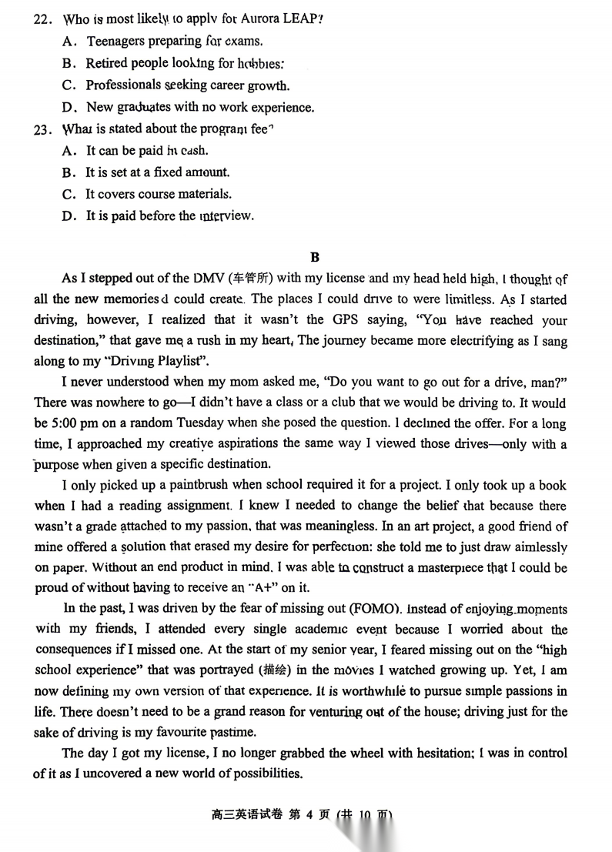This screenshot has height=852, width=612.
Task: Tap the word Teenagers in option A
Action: click(x=120, y=42)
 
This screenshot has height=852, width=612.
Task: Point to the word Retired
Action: click(x=106, y=63)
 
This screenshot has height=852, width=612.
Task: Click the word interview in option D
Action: click(x=226, y=216)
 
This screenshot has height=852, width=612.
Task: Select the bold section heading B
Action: click(x=314, y=257)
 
